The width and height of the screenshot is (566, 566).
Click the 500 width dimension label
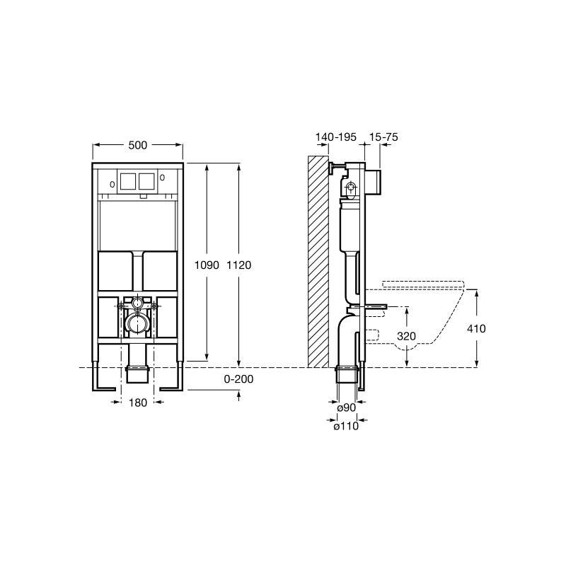pos(138,145)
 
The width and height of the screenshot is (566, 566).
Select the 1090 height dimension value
pos(207,265)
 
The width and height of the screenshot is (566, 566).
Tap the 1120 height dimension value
pos(239,265)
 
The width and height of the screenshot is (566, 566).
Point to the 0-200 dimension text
pos(238,379)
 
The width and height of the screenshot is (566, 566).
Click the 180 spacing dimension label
pos(138,403)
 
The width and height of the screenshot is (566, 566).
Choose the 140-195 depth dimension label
pos(335,137)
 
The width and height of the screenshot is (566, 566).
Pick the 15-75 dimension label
pos(383,137)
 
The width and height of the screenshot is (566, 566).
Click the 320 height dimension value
pos(406,336)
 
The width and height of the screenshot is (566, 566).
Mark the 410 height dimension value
pos(476,328)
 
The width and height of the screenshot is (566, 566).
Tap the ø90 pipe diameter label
pos(346,408)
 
